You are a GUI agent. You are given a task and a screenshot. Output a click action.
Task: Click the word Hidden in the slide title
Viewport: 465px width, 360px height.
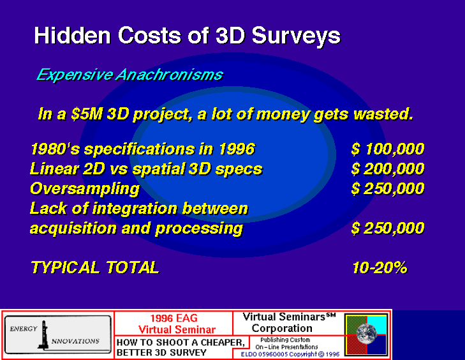pyautogui.click(x=73, y=36)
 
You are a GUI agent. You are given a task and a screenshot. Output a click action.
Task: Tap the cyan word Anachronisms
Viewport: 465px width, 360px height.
pyautogui.click(x=169, y=75)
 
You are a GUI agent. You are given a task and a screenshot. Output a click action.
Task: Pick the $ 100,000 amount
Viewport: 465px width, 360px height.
pyautogui.click(x=388, y=149)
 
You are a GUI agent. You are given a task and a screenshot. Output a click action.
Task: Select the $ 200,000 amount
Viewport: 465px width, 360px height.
pyautogui.click(x=388, y=169)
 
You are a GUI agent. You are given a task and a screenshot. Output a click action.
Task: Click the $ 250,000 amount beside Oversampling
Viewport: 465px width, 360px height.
pyautogui.click(x=388, y=189)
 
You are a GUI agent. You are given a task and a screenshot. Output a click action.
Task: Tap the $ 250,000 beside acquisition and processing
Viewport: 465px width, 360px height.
pyautogui.click(x=388, y=229)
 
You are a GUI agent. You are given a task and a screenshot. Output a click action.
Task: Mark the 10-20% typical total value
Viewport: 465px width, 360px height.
pyautogui.click(x=380, y=267)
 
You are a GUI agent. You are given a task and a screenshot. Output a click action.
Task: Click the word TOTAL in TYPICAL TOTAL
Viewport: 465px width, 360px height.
pyautogui.click(x=133, y=267)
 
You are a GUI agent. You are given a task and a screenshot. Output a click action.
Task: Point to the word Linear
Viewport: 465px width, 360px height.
pyautogui.click(x=54, y=169)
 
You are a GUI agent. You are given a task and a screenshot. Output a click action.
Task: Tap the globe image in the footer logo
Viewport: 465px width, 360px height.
pyautogui.click(x=367, y=334)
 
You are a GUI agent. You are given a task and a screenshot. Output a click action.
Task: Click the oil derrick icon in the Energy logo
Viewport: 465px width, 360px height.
pyautogui.click(x=43, y=334)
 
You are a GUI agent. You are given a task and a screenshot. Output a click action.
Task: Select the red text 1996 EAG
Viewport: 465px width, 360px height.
pyautogui.click(x=173, y=318)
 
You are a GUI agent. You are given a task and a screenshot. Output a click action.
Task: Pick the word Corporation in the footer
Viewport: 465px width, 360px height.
pyautogui.click(x=282, y=329)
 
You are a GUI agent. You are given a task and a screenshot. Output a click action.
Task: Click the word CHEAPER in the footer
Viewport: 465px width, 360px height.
pyautogui.click(x=223, y=343)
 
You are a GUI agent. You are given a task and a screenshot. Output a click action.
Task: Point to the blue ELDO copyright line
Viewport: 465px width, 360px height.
pyautogui.click(x=290, y=354)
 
